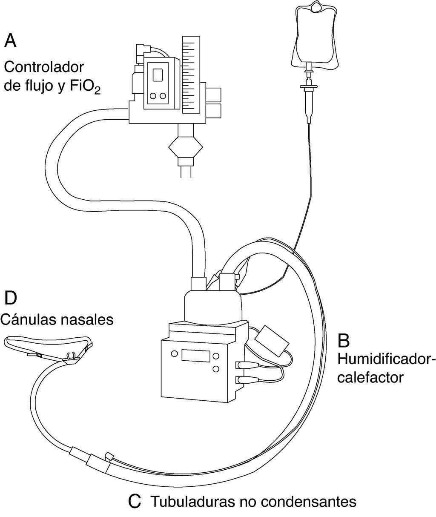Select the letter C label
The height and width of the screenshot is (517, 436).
click(x=135, y=501)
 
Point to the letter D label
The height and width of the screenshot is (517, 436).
click(x=11, y=298)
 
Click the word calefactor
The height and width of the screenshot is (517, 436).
click(x=370, y=377)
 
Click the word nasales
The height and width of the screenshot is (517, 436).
click(x=89, y=319)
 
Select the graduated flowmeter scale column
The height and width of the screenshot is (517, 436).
click(x=191, y=75)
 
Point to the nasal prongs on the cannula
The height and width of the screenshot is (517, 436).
click(x=72, y=354)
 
